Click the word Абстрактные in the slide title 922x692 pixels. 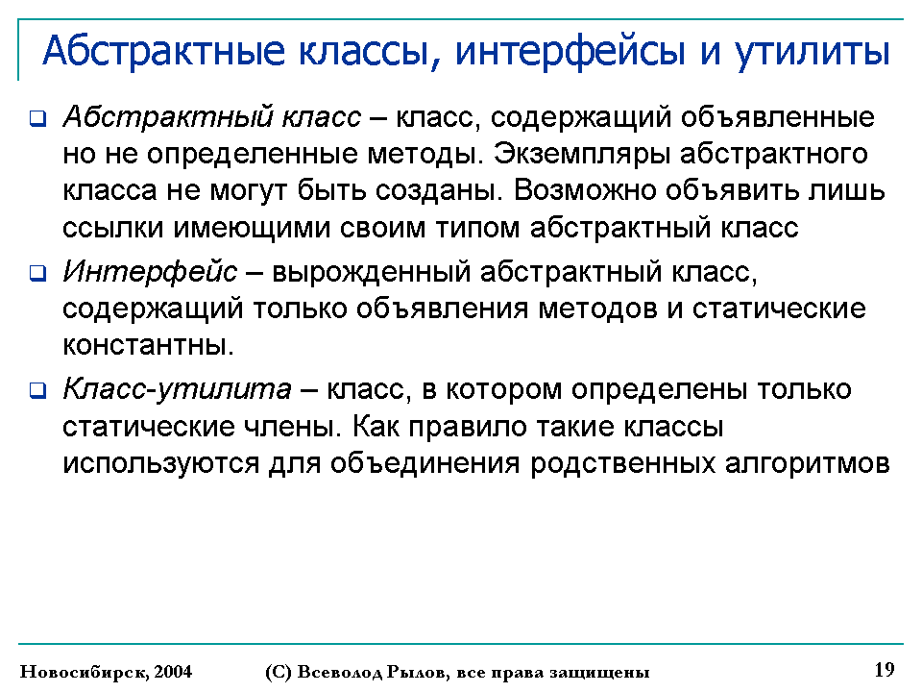tap(164, 51)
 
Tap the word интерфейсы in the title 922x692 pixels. tap(570, 52)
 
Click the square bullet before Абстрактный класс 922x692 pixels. tap(37, 118)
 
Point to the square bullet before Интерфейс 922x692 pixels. tap(37, 273)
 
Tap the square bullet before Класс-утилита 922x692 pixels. tap(37, 390)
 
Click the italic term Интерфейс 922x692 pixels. tap(150, 272)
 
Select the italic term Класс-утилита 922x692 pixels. tap(177, 389)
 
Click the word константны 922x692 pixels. tap(148, 345)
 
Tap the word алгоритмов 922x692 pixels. tap(807, 463)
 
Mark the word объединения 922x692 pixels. tap(425, 463)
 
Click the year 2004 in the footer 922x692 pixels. tap(173, 672)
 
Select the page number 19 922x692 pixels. tap(885, 670)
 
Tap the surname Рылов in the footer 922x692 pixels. tap(417, 672)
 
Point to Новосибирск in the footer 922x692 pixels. tap(85, 672)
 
